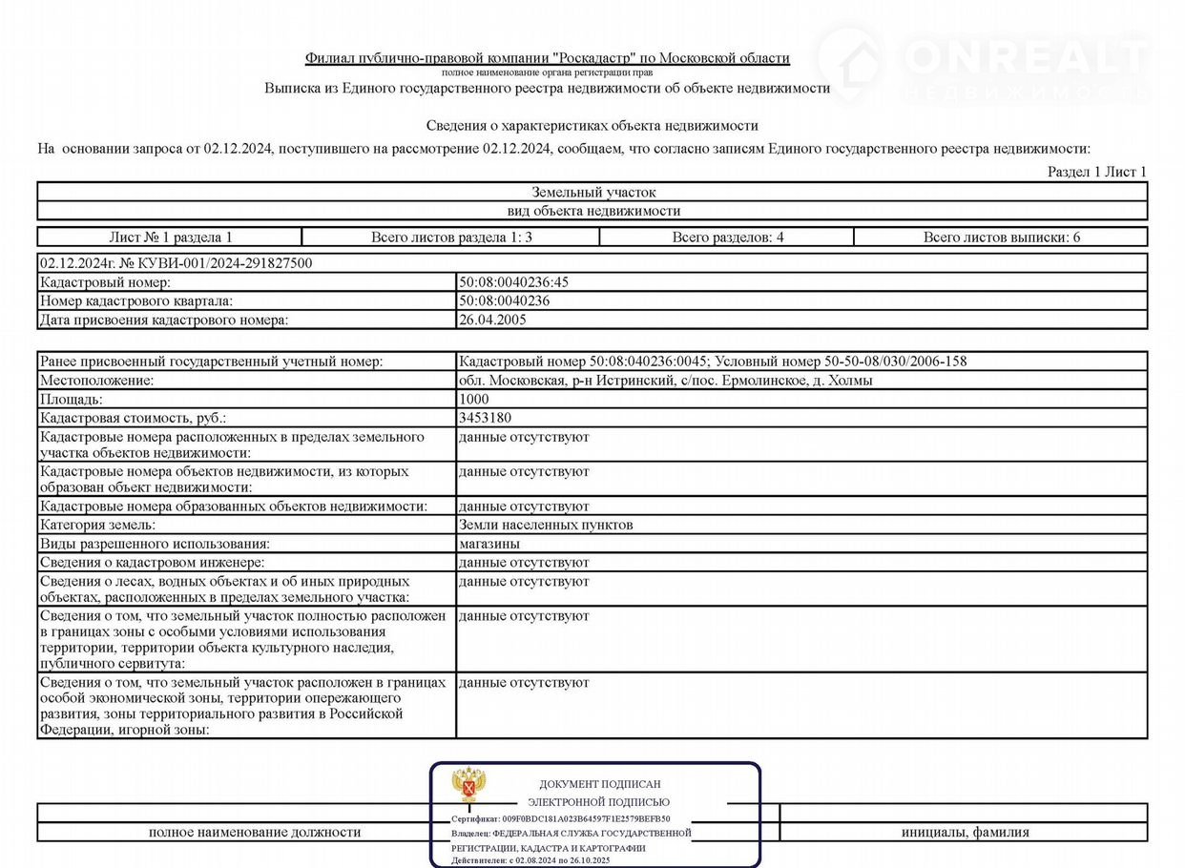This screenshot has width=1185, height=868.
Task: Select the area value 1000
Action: [473, 400]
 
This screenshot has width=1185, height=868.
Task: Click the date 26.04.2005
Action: [492, 320]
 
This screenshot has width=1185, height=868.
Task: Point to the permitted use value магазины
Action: [489, 544]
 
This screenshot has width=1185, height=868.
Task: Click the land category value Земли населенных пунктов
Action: [546, 525]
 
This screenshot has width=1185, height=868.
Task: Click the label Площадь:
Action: [71, 400]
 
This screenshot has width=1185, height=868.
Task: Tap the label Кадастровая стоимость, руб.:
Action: [134, 419]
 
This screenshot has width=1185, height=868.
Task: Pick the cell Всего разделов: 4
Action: [727, 238]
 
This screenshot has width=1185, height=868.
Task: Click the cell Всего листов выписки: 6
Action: [1001, 238]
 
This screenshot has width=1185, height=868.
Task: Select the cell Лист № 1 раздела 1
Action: [171, 238]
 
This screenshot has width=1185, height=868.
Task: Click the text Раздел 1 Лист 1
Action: [1097, 172]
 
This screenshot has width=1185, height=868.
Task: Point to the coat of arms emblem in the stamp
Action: [468, 785]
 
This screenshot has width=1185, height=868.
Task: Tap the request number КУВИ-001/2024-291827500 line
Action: [176, 263]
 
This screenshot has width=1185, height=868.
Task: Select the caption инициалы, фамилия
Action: [965, 832]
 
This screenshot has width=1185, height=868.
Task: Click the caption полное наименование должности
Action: [255, 832]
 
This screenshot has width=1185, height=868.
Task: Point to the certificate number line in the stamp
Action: [561, 818]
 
